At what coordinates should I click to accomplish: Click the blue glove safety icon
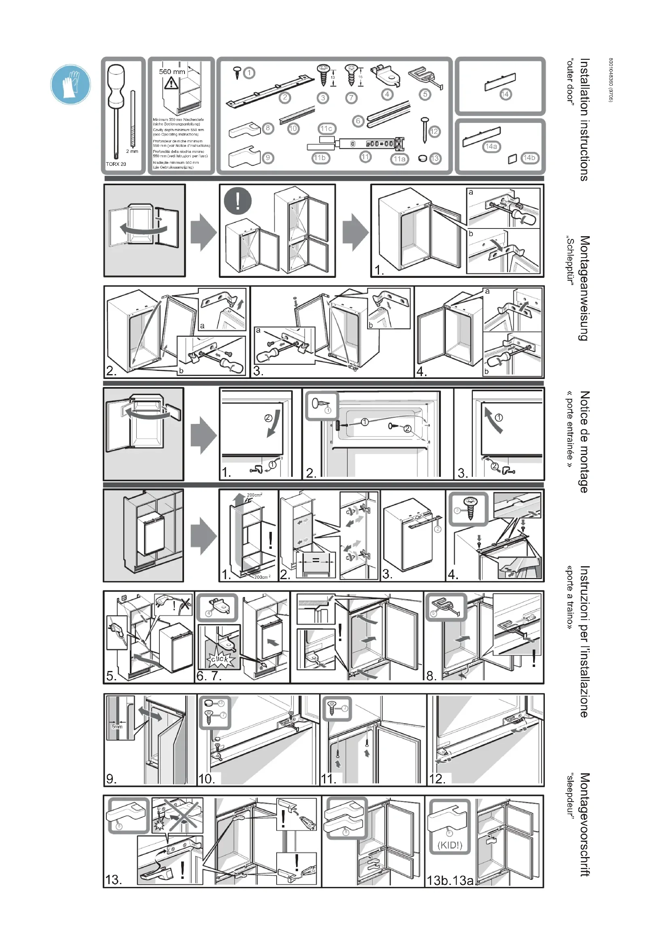pos(70,84)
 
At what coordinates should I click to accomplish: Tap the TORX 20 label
pos(116,164)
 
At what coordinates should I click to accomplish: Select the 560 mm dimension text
pos(172,72)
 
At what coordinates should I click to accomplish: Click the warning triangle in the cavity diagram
pos(171,84)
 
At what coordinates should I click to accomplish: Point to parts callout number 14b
pos(529,158)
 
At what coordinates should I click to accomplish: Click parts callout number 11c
pos(326,129)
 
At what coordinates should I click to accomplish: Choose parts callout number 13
pos(436,158)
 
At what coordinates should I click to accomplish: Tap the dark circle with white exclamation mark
pos(238,201)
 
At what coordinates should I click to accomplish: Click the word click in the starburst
pos(220,659)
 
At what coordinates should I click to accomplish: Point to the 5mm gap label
pos(117,726)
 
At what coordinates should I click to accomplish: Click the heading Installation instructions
pos(584,119)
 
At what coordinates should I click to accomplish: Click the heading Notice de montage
pos(584,442)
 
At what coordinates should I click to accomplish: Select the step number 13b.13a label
pos(450,880)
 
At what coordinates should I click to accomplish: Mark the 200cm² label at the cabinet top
pos(254,495)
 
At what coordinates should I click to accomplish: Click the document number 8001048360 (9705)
pos(611,80)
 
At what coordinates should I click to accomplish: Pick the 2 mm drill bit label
pos(132,151)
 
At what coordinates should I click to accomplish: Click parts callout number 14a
pos(491,147)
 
